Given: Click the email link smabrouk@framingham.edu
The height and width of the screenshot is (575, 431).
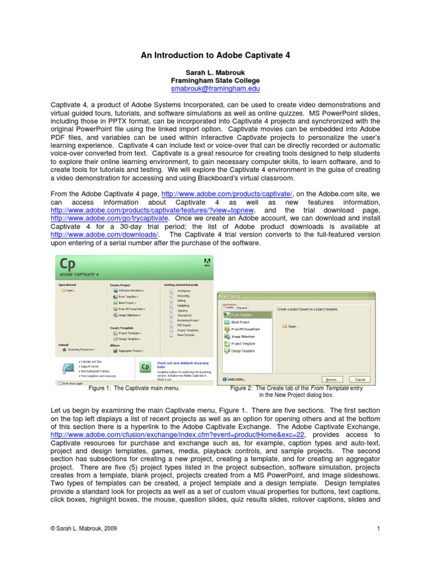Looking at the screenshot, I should point(215,89).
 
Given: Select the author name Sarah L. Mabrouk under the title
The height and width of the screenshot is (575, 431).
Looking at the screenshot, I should point(215,73).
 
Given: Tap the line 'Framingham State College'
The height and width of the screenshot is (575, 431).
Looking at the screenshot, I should point(215,81).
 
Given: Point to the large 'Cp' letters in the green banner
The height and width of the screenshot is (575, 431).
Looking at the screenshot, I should point(68,264).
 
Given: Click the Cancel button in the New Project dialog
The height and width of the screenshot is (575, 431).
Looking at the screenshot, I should point(360,379).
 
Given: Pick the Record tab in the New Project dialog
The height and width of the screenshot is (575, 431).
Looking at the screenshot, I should point(242,307).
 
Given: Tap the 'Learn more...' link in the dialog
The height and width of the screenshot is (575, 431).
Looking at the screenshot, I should point(235,379).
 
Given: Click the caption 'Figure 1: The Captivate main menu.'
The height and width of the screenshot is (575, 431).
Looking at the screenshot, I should point(132,388).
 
